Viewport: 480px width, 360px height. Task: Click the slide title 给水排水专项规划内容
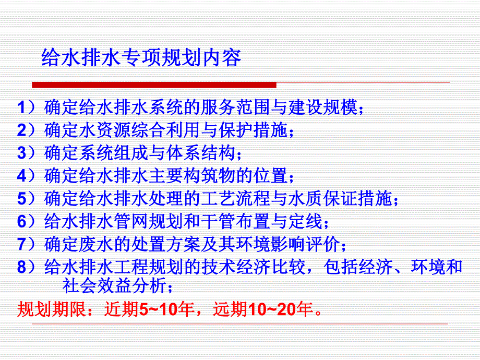141,58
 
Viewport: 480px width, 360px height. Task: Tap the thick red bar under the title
154,85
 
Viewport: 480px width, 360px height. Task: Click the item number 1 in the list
21,107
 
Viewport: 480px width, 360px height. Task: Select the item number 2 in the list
21,130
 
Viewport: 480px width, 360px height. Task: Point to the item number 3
21,153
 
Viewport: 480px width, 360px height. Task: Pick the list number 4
21,176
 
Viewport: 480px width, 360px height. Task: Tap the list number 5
21,199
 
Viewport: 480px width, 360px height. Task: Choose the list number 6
21,221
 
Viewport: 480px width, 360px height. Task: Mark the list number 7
21,244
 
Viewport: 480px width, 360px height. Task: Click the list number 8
21,267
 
